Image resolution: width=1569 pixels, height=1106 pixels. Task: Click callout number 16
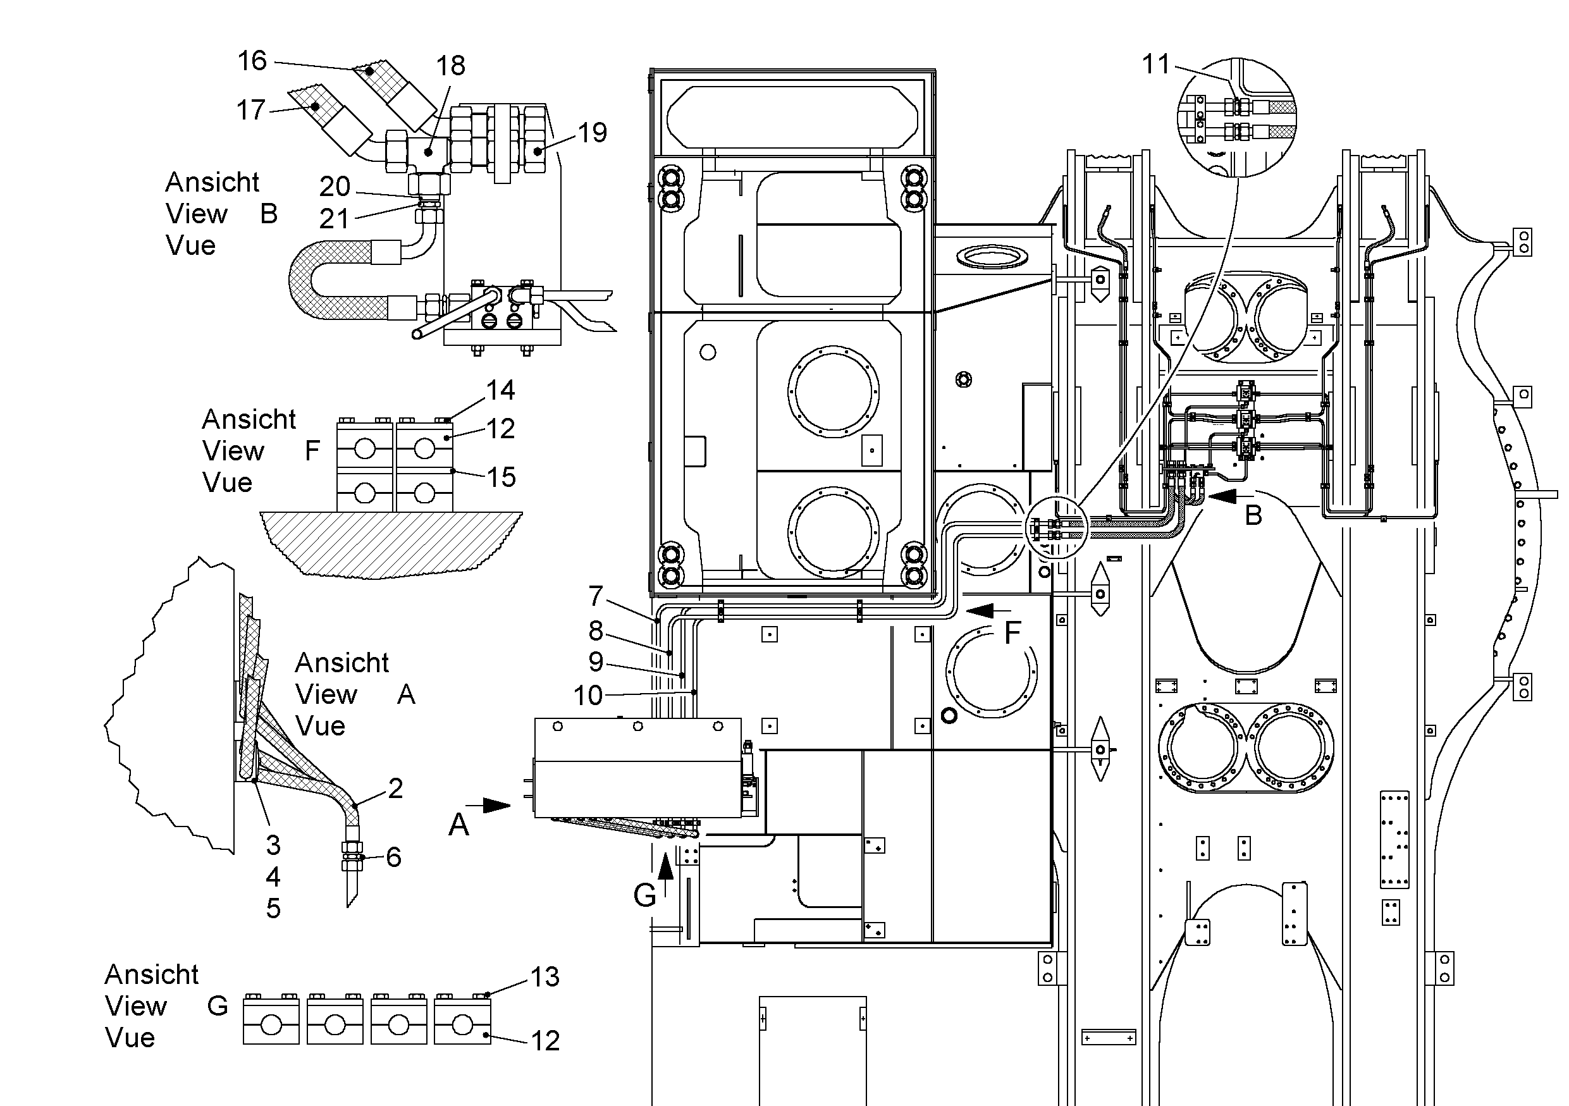[x=252, y=61]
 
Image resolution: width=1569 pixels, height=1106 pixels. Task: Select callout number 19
[x=593, y=133]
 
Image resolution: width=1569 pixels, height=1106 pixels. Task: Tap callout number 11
[x=1156, y=65]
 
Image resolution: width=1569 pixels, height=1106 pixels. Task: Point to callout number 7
[x=596, y=596]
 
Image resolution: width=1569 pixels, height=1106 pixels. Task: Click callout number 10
[x=588, y=696]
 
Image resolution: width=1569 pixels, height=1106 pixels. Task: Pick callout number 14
[x=500, y=390]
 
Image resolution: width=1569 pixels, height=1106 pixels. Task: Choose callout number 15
[x=501, y=477]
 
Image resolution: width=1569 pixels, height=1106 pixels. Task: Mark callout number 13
[x=545, y=977]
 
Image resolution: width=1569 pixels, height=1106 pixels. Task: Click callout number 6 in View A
[x=393, y=857]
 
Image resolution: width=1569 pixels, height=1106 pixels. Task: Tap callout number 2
[x=396, y=789]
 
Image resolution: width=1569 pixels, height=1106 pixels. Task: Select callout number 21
[x=334, y=219]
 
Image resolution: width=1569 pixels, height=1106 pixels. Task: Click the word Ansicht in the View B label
[x=212, y=182]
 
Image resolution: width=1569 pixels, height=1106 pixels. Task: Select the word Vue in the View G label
[x=130, y=1038]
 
